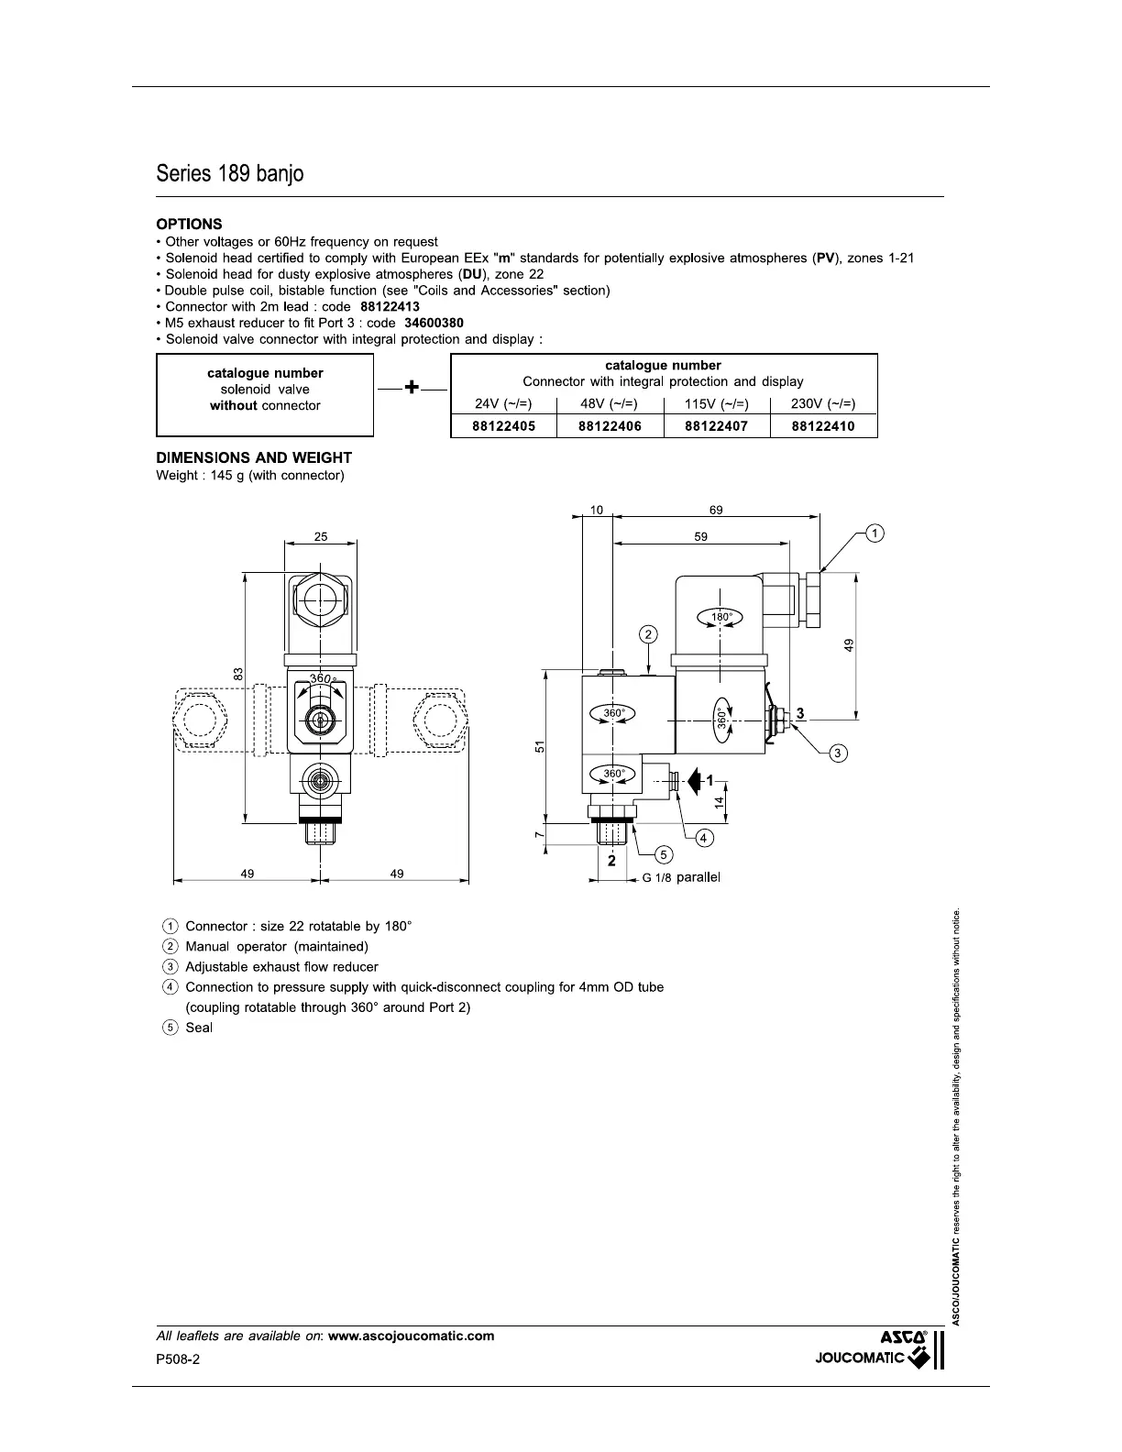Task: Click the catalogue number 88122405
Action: click(503, 426)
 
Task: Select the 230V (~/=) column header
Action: click(823, 404)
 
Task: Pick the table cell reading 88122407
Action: click(716, 426)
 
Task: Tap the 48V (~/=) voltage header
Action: click(610, 404)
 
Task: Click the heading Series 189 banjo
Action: click(229, 173)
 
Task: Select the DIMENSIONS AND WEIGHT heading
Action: click(254, 457)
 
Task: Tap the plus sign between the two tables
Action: click(412, 389)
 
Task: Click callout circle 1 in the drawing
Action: click(874, 533)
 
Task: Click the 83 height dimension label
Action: click(236, 674)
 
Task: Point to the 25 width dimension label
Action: click(321, 537)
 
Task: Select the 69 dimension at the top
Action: click(716, 510)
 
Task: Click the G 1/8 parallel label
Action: click(681, 877)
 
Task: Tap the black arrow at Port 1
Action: click(694, 780)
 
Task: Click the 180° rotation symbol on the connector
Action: click(721, 617)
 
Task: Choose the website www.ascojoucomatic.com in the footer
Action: click(411, 1336)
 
